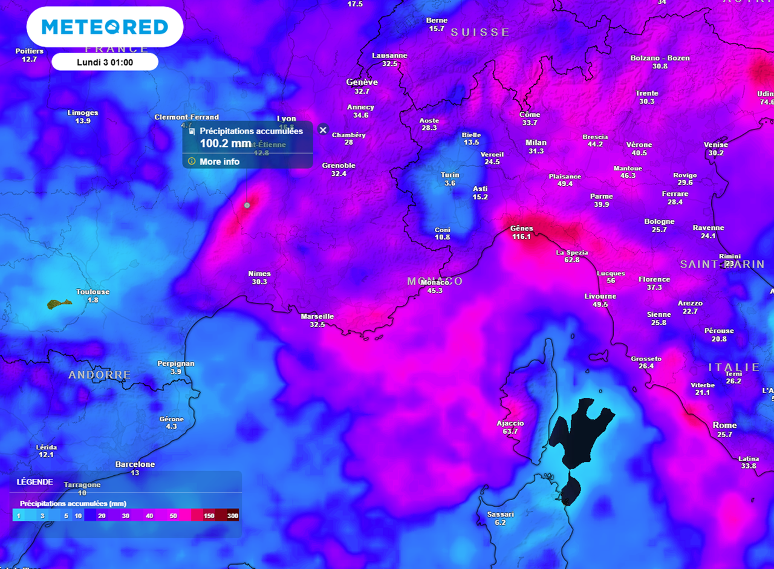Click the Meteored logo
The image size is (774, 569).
105,27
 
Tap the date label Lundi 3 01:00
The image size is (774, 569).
105,62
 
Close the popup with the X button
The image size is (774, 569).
323,130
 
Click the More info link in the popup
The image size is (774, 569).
220,161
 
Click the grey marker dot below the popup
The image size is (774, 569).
247,206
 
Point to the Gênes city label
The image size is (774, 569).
521,228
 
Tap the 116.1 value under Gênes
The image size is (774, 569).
521,236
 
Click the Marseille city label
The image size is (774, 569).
317,316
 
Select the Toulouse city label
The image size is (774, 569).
93,291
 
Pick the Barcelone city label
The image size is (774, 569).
135,464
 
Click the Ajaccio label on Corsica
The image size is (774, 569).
510,423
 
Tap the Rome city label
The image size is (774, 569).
724,425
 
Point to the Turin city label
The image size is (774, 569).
449,175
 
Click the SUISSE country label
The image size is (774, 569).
480,33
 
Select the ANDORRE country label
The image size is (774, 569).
100,375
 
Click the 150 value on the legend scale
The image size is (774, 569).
209,515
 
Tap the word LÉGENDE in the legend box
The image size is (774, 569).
34,482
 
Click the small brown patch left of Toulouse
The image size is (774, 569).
59,303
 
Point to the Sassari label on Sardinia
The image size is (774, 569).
500,514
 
